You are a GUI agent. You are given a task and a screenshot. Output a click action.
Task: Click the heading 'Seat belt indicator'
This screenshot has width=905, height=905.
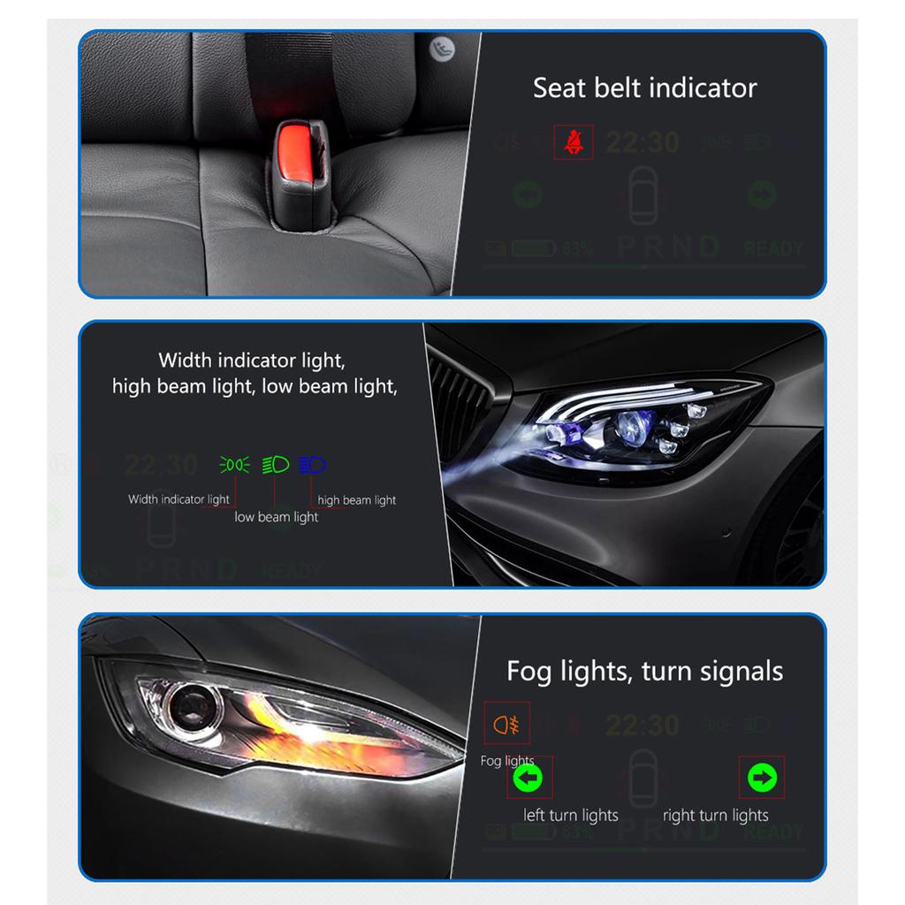click(644, 88)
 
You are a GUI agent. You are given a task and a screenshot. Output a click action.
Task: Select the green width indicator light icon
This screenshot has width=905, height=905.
click(234, 464)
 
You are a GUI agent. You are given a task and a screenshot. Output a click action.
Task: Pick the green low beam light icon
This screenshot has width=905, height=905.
click(276, 464)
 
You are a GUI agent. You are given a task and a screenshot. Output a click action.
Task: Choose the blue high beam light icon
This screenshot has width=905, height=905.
click(313, 464)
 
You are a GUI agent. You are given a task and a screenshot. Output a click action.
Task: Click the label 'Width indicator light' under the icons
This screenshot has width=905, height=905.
click(179, 499)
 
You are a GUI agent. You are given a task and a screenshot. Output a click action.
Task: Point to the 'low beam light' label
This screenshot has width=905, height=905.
click(276, 517)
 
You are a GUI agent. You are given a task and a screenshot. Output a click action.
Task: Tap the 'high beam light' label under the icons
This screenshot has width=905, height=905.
click(357, 500)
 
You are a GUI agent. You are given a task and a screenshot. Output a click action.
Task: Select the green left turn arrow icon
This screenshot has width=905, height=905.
click(529, 779)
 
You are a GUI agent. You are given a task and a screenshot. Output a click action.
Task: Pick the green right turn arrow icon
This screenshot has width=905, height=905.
click(762, 779)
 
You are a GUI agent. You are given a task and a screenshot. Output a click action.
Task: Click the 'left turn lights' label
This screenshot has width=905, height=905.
click(571, 815)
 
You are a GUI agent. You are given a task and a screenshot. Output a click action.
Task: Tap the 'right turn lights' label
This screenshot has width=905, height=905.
click(715, 815)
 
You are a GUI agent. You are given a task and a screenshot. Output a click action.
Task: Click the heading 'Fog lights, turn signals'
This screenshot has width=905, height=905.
click(644, 672)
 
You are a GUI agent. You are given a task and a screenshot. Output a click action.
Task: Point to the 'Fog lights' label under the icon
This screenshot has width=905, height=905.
click(507, 761)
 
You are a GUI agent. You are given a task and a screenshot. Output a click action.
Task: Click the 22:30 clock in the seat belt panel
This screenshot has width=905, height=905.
click(643, 142)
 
